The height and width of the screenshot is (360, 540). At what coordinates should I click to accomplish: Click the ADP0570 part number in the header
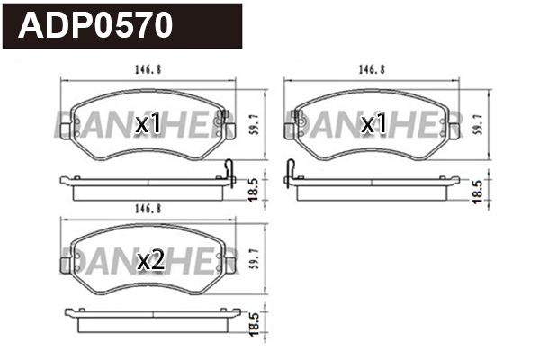coord(95,25)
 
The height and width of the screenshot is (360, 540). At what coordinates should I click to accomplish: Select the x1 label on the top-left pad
coord(148,124)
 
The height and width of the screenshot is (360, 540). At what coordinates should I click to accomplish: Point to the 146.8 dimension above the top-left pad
coord(148,70)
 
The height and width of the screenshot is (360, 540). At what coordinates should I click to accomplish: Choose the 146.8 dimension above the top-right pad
coord(372,70)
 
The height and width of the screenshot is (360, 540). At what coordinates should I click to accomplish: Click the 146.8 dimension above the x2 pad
coord(148,209)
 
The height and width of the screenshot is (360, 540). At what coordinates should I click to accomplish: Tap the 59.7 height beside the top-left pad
coord(255,125)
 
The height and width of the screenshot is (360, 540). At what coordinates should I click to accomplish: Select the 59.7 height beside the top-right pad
coord(478,125)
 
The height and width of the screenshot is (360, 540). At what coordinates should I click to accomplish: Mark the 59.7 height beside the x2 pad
coord(255,259)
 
